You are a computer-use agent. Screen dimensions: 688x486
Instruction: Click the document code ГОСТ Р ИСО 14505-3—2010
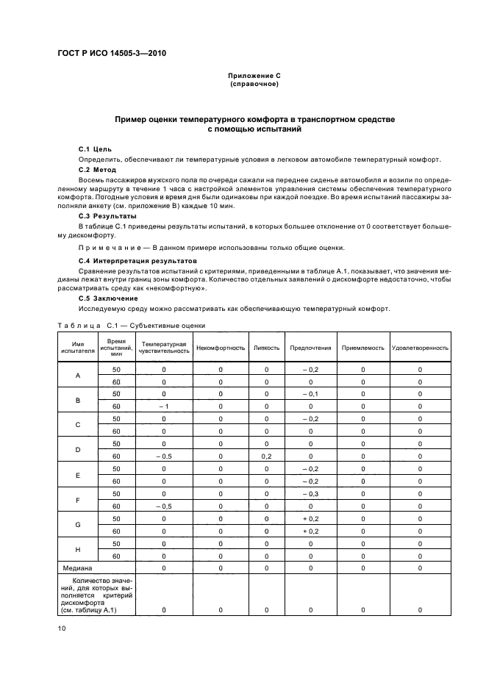115,54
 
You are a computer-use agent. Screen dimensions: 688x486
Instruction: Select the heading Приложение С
253,76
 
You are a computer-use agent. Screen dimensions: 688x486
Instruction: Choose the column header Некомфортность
221,348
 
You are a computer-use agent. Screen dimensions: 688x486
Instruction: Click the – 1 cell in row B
164,406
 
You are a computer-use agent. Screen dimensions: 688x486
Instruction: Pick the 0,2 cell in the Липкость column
266,456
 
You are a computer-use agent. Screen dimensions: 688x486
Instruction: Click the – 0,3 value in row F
310,494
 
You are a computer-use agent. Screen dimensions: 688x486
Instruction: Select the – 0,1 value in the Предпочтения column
310,394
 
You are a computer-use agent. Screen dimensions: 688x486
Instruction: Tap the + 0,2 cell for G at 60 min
310,531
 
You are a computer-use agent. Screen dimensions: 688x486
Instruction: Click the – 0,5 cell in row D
164,456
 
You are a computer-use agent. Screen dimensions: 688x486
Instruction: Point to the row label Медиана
76,568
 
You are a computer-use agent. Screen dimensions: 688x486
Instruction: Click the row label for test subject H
78,550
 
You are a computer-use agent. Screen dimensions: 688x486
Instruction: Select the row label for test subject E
78,475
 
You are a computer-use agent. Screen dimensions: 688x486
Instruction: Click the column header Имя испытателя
78,348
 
